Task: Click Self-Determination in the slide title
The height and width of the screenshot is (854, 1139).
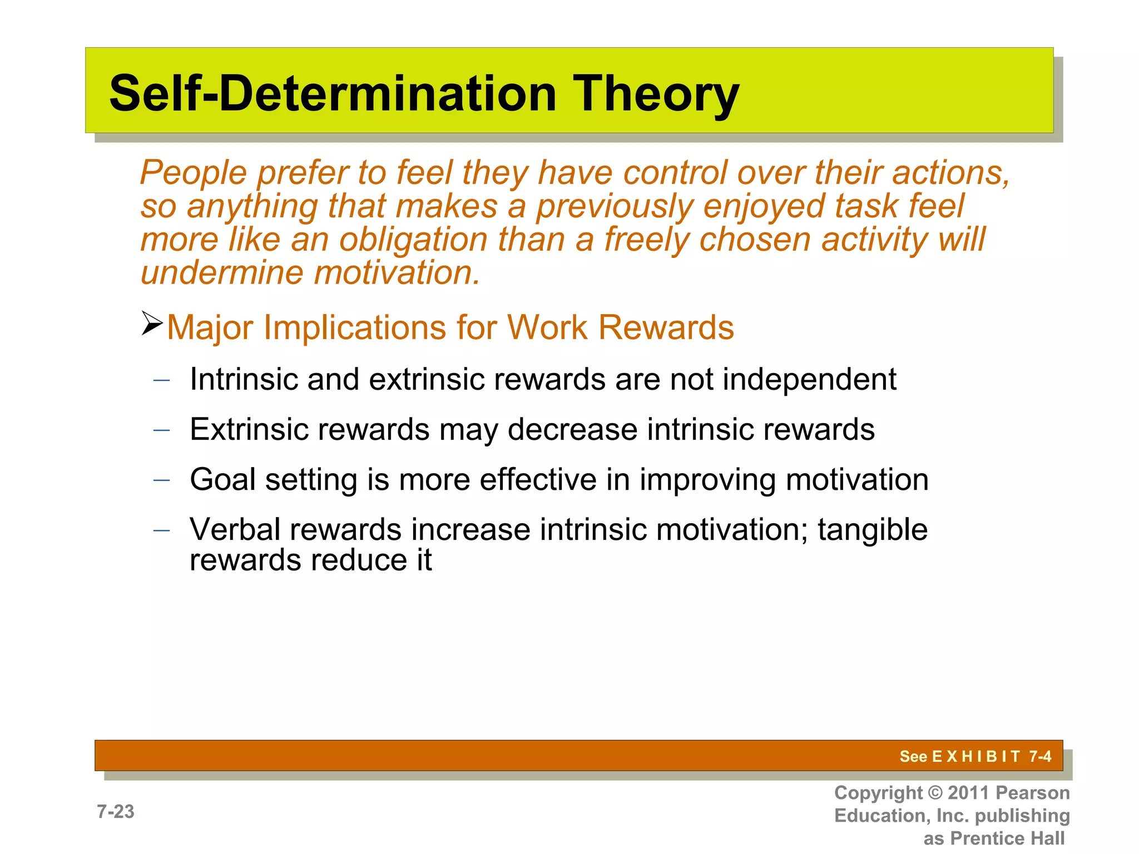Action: (x=333, y=93)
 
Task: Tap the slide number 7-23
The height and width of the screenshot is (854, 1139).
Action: (x=116, y=812)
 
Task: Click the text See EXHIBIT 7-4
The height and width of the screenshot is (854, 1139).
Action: (x=975, y=756)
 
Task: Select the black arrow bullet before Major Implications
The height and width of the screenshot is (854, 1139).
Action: (x=151, y=324)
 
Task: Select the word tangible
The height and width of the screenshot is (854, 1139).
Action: (x=872, y=530)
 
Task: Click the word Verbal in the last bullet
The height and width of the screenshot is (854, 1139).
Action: (x=234, y=529)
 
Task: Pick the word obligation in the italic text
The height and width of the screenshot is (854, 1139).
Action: (x=413, y=240)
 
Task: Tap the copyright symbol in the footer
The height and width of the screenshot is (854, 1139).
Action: (x=936, y=793)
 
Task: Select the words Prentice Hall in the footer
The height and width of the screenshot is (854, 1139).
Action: (x=1007, y=838)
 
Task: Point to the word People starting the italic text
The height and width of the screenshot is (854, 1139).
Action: (x=193, y=172)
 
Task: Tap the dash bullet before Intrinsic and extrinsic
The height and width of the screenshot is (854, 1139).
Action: (x=161, y=380)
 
